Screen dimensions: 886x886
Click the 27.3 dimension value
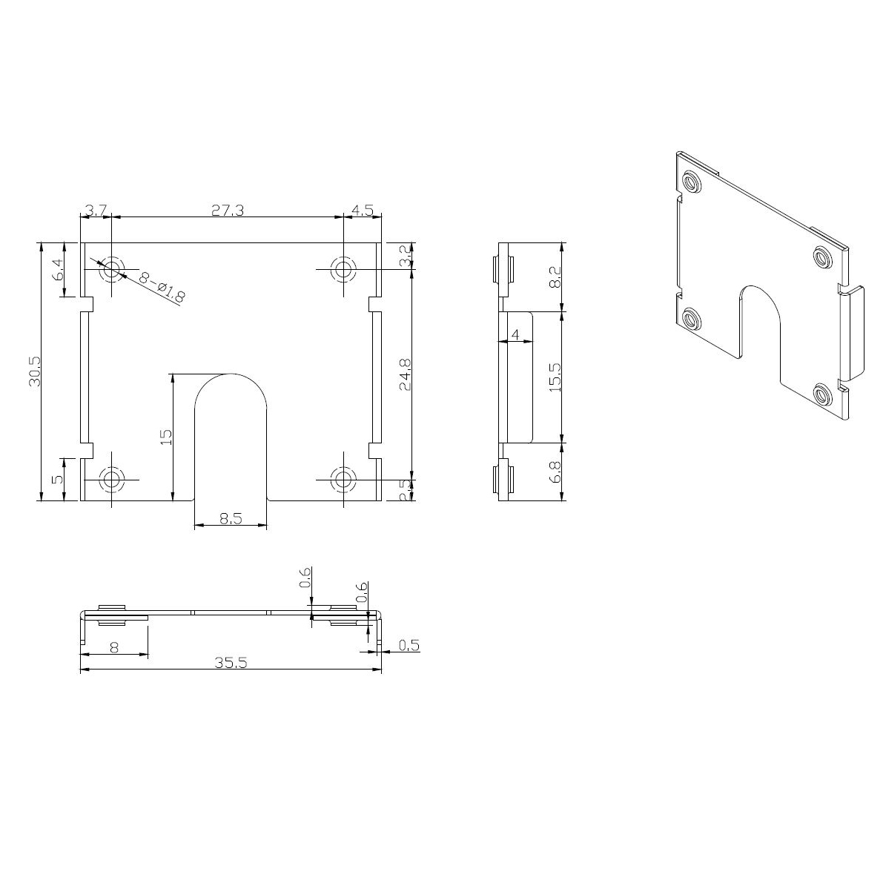click(227, 211)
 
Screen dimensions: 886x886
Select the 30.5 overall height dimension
click(35, 371)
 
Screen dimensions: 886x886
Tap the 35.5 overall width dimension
click(231, 663)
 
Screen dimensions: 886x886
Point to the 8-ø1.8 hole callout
click(162, 286)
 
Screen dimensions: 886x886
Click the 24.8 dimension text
click(405, 374)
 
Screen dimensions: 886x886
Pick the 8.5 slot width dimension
click(231, 518)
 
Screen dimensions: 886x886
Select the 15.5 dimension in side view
click(555, 377)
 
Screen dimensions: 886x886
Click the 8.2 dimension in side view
click(555, 277)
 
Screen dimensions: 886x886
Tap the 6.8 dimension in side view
click(555, 472)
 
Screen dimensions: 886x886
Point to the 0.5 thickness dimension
click(409, 645)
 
